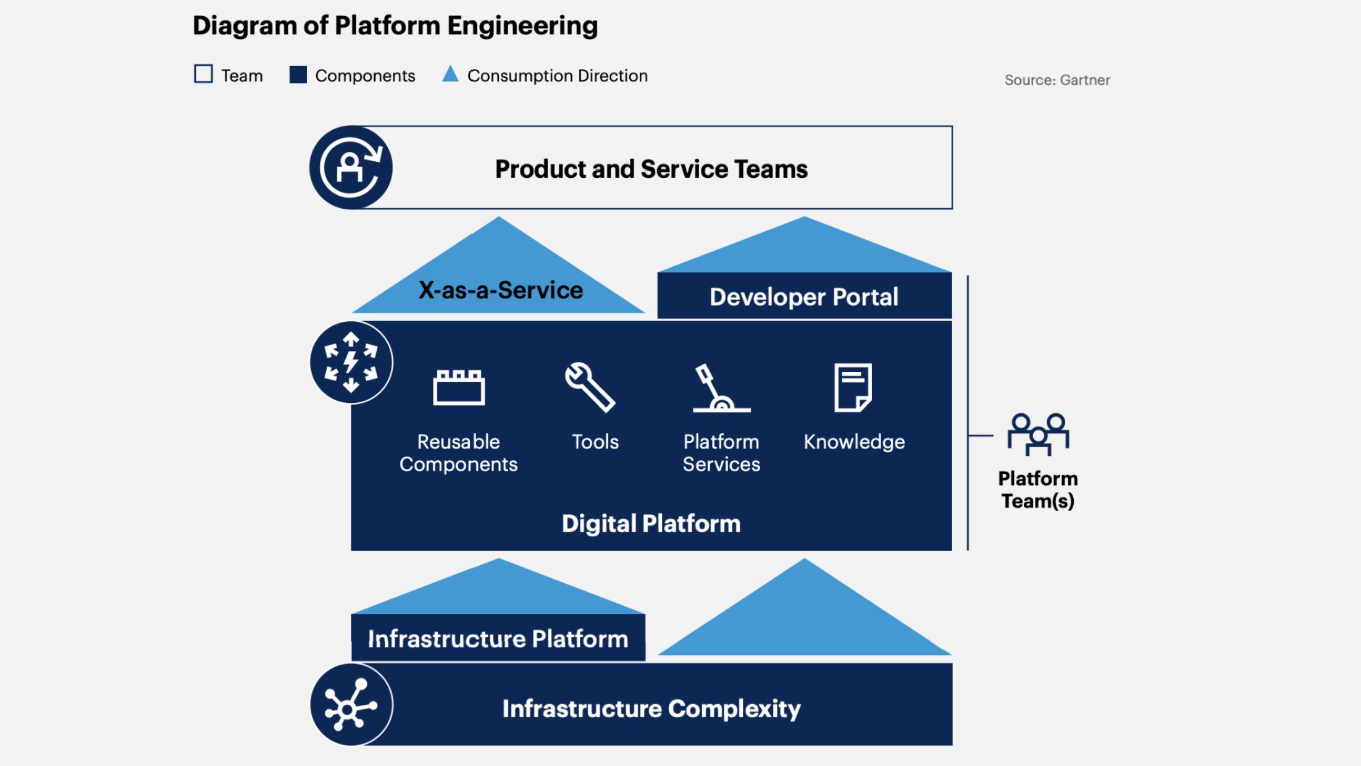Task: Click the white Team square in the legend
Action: point(203,74)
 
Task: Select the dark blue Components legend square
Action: point(298,75)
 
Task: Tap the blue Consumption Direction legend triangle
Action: point(451,74)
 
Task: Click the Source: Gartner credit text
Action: point(1057,80)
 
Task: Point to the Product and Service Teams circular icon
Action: point(351,167)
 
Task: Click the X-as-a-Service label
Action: point(501,290)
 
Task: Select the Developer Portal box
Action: point(805,296)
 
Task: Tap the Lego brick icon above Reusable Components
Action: point(459,387)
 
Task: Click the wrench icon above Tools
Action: point(590,387)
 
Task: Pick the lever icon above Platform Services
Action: point(721,388)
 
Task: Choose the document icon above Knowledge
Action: point(853,387)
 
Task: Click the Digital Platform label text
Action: point(651,524)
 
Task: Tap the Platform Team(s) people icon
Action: point(1039,434)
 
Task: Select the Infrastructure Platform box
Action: point(498,638)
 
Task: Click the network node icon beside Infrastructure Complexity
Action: point(351,705)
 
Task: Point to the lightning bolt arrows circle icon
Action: point(351,363)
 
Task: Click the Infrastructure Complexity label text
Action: point(651,709)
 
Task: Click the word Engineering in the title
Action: point(522,26)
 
